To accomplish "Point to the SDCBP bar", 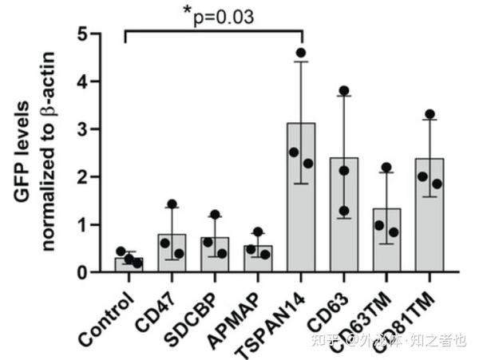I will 214,255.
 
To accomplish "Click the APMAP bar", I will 258,259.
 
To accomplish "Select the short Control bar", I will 128,264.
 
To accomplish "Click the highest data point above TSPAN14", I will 301,53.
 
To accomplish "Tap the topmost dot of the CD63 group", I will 344,91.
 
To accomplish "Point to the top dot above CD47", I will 171,204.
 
